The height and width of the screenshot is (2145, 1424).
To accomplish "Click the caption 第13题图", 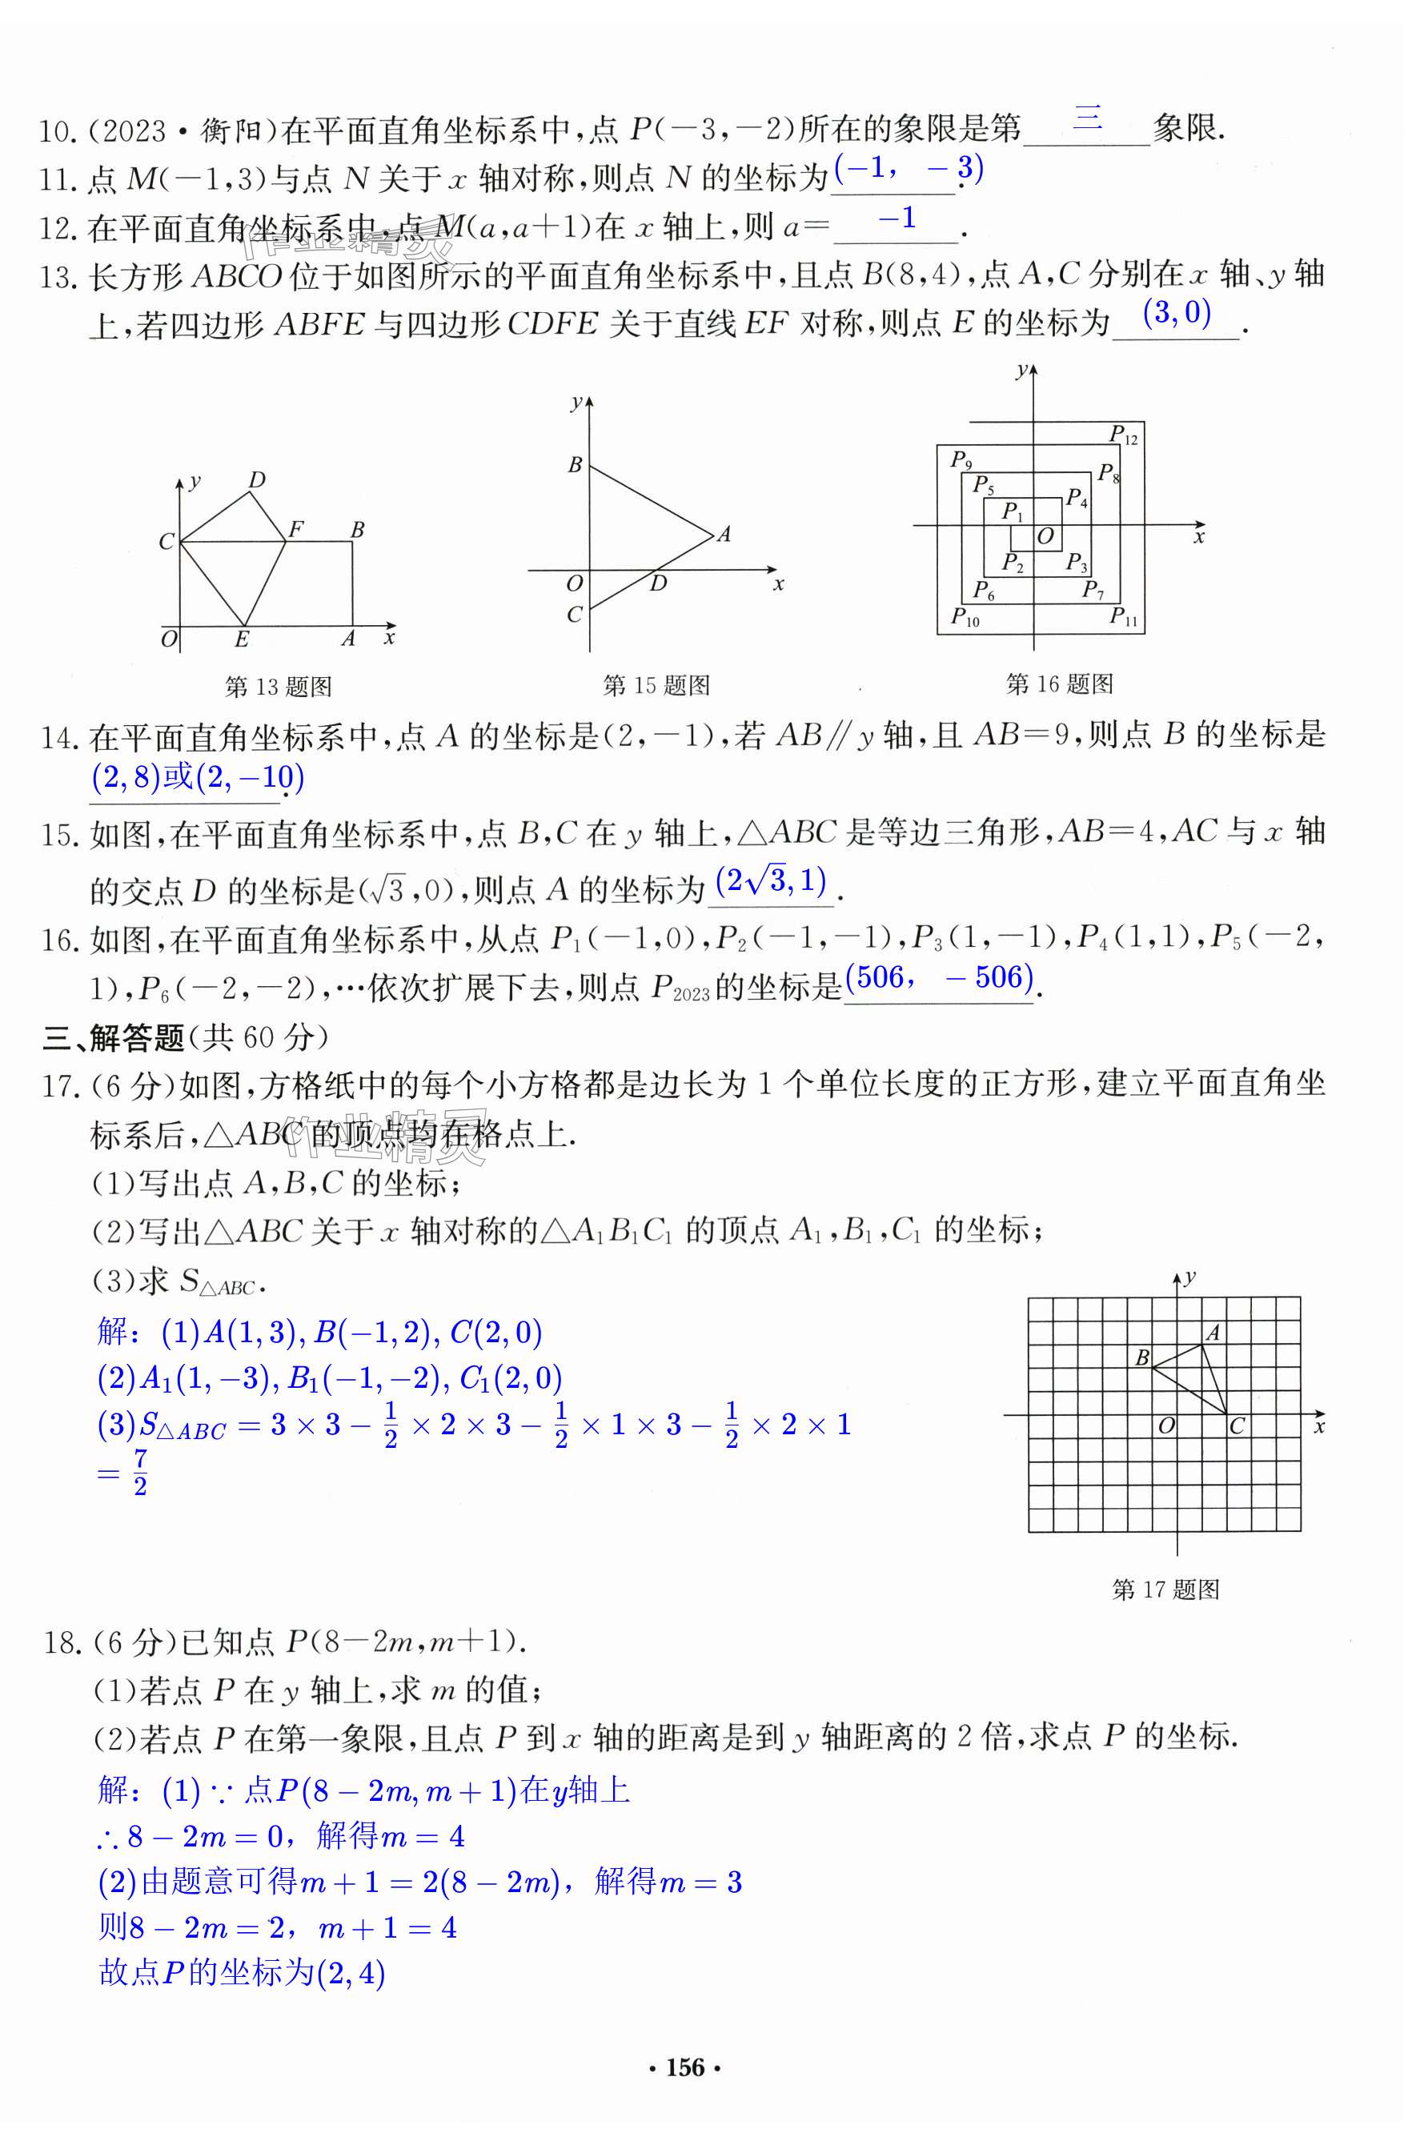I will click(x=278, y=687).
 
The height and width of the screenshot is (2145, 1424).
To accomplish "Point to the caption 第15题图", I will click(x=656, y=686).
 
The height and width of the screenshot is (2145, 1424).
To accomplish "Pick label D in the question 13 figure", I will click(x=257, y=479).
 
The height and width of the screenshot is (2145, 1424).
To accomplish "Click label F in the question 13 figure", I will click(x=295, y=528).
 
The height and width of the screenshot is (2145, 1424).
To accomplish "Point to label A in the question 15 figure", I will click(x=724, y=534).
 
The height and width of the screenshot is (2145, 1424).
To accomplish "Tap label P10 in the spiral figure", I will click(x=965, y=618).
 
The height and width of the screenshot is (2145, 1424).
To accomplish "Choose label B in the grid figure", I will click(x=1142, y=1357).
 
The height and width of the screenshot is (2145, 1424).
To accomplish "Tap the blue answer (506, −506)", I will click(x=939, y=977).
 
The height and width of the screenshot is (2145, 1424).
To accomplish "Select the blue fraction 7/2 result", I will click(x=140, y=1472).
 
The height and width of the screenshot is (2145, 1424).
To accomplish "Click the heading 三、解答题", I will click(x=114, y=1037).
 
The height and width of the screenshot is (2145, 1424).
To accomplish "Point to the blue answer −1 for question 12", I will click(x=897, y=218).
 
